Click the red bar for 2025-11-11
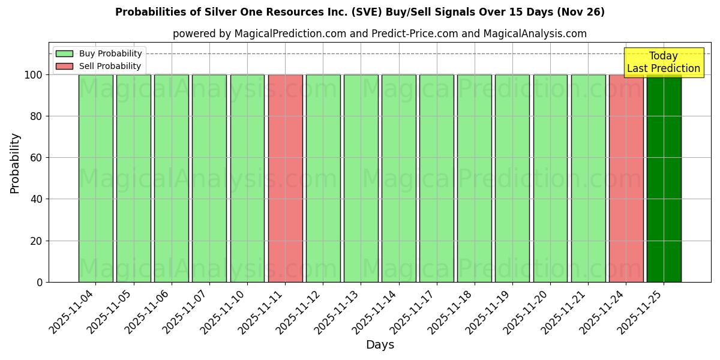point(285,178)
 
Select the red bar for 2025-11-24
point(626,178)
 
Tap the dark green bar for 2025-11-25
point(664,178)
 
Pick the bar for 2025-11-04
point(95,178)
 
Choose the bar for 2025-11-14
point(398,178)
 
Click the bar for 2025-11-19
point(512,178)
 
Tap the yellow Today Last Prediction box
point(663,62)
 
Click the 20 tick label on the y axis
point(37,241)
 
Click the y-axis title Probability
point(15,163)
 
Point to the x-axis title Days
point(380,345)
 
